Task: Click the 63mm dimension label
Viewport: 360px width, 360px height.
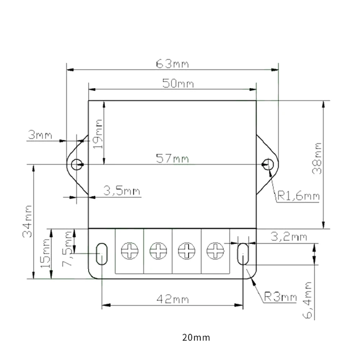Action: pyautogui.click(x=172, y=64)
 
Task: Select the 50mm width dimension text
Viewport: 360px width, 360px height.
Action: pyautogui.click(x=178, y=83)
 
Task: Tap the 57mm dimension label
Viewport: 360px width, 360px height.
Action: pyautogui.click(x=172, y=159)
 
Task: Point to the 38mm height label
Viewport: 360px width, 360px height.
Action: pyautogui.click(x=317, y=158)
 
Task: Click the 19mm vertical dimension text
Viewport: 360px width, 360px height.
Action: pyautogui.click(x=98, y=134)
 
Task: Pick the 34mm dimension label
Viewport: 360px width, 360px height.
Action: pyautogui.click(x=27, y=221)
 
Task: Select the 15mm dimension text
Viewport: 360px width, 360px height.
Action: pyautogui.click(x=45, y=253)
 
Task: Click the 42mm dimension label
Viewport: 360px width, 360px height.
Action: pyautogui.click(x=173, y=299)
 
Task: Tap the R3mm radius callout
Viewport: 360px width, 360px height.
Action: pyautogui.click(x=280, y=297)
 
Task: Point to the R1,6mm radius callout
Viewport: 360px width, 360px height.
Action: pyautogui.click(x=299, y=196)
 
